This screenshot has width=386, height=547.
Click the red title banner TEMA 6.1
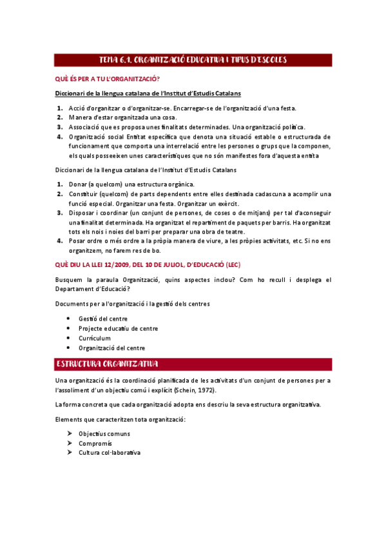click(x=193, y=60)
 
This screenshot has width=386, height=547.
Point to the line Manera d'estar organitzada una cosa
click(x=124, y=117)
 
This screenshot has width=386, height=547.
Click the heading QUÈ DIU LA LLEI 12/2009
click(x=157, y=265)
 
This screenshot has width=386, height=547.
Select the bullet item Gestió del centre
click(x=102, y=319)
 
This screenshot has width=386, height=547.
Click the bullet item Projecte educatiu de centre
click(x=118, y=328)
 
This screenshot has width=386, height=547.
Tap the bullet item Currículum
click(x=95, y=338)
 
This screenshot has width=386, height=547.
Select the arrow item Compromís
click(x=96, y=443)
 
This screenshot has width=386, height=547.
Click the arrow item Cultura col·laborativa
click(x=110, y=453)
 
